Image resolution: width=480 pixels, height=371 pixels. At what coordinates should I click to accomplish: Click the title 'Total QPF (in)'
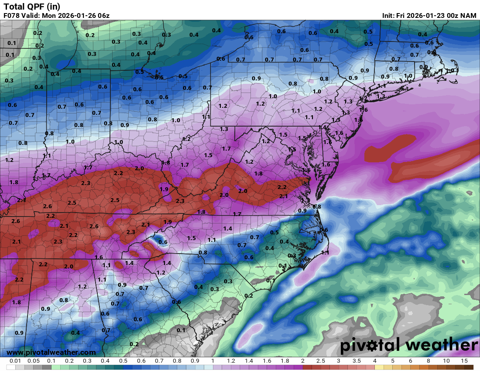click(32, 6)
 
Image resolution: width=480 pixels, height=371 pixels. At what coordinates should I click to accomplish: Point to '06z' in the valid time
click(103, 16)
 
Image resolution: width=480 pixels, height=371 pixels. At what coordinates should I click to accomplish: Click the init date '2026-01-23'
click(419, 16)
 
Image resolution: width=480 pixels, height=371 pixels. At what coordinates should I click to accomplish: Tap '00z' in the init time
click(450, 16)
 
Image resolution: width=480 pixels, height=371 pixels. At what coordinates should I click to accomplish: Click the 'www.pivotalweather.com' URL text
click(51, 352)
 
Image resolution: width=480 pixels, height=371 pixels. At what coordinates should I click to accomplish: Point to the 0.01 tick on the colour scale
click(15, 361)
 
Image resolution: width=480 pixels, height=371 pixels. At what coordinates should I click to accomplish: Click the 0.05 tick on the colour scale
click(33, 361)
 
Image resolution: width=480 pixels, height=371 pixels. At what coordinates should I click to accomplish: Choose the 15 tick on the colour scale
click(464, 361)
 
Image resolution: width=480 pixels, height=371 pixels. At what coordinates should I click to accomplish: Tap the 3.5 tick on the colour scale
click(357, 361)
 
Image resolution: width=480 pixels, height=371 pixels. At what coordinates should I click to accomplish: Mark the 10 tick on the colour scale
click(446, 361)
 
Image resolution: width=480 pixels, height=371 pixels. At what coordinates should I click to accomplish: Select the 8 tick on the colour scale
click(428, 361)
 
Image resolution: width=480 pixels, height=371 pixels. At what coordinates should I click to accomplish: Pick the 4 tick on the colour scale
click(374, 361)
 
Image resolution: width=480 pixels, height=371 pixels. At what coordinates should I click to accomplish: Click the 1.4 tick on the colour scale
click(249, 361)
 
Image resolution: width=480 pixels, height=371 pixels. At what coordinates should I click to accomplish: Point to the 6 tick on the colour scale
click(410, 361)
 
